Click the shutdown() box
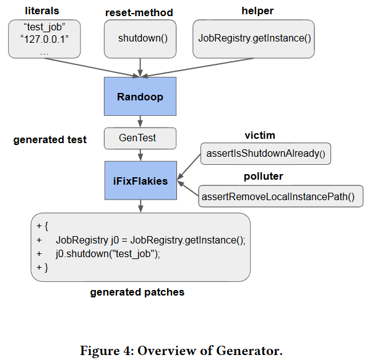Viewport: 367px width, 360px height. click(140, 38)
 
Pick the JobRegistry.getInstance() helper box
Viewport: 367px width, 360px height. click(254, 38)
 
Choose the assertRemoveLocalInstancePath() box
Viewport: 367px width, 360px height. click(280, 197)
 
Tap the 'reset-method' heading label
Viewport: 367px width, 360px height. click(140, 12)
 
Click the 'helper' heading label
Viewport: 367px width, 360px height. click(255, 11)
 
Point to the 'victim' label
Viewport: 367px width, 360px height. click(260, 135)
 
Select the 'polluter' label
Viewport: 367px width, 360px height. click(263, 177)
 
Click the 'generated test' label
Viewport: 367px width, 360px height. click(50, 140)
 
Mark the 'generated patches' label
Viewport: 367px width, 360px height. click(137, 292)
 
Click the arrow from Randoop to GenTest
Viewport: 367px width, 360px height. click(140, 122)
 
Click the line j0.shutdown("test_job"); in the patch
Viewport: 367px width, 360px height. click(108, 253)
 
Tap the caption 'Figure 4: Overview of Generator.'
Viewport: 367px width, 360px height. click(181, 350)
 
